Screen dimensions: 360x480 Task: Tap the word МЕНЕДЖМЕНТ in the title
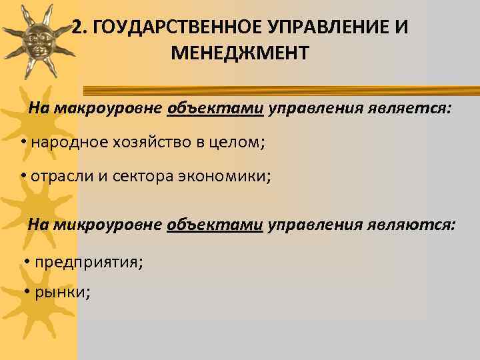pos(240,53)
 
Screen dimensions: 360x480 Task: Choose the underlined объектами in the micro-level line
pos(215,225)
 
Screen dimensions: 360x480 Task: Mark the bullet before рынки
pos(26,291)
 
